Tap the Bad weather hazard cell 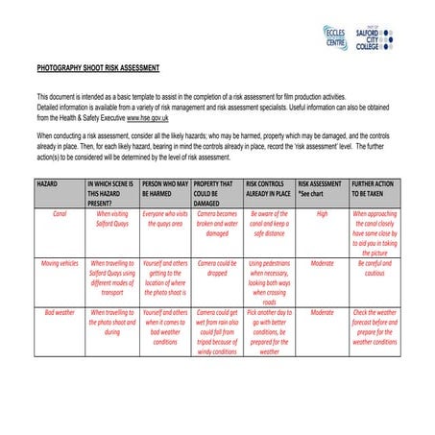pyautogui.click(x=60, y=312)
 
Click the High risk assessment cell pyautogui.click(x=322, y=213)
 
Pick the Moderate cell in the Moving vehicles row pyautogui.click(x=322, y=262)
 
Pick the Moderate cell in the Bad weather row pyautogui.click(x=322, y=312)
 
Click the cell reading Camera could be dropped pyautogui.click(x=217, y=267)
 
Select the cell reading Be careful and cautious pyautogui.click(x=375, y=267)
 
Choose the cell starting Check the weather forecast pyautogui.click(x=375, y=326)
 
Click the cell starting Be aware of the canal pyautogui.click(x=269, y=223)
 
